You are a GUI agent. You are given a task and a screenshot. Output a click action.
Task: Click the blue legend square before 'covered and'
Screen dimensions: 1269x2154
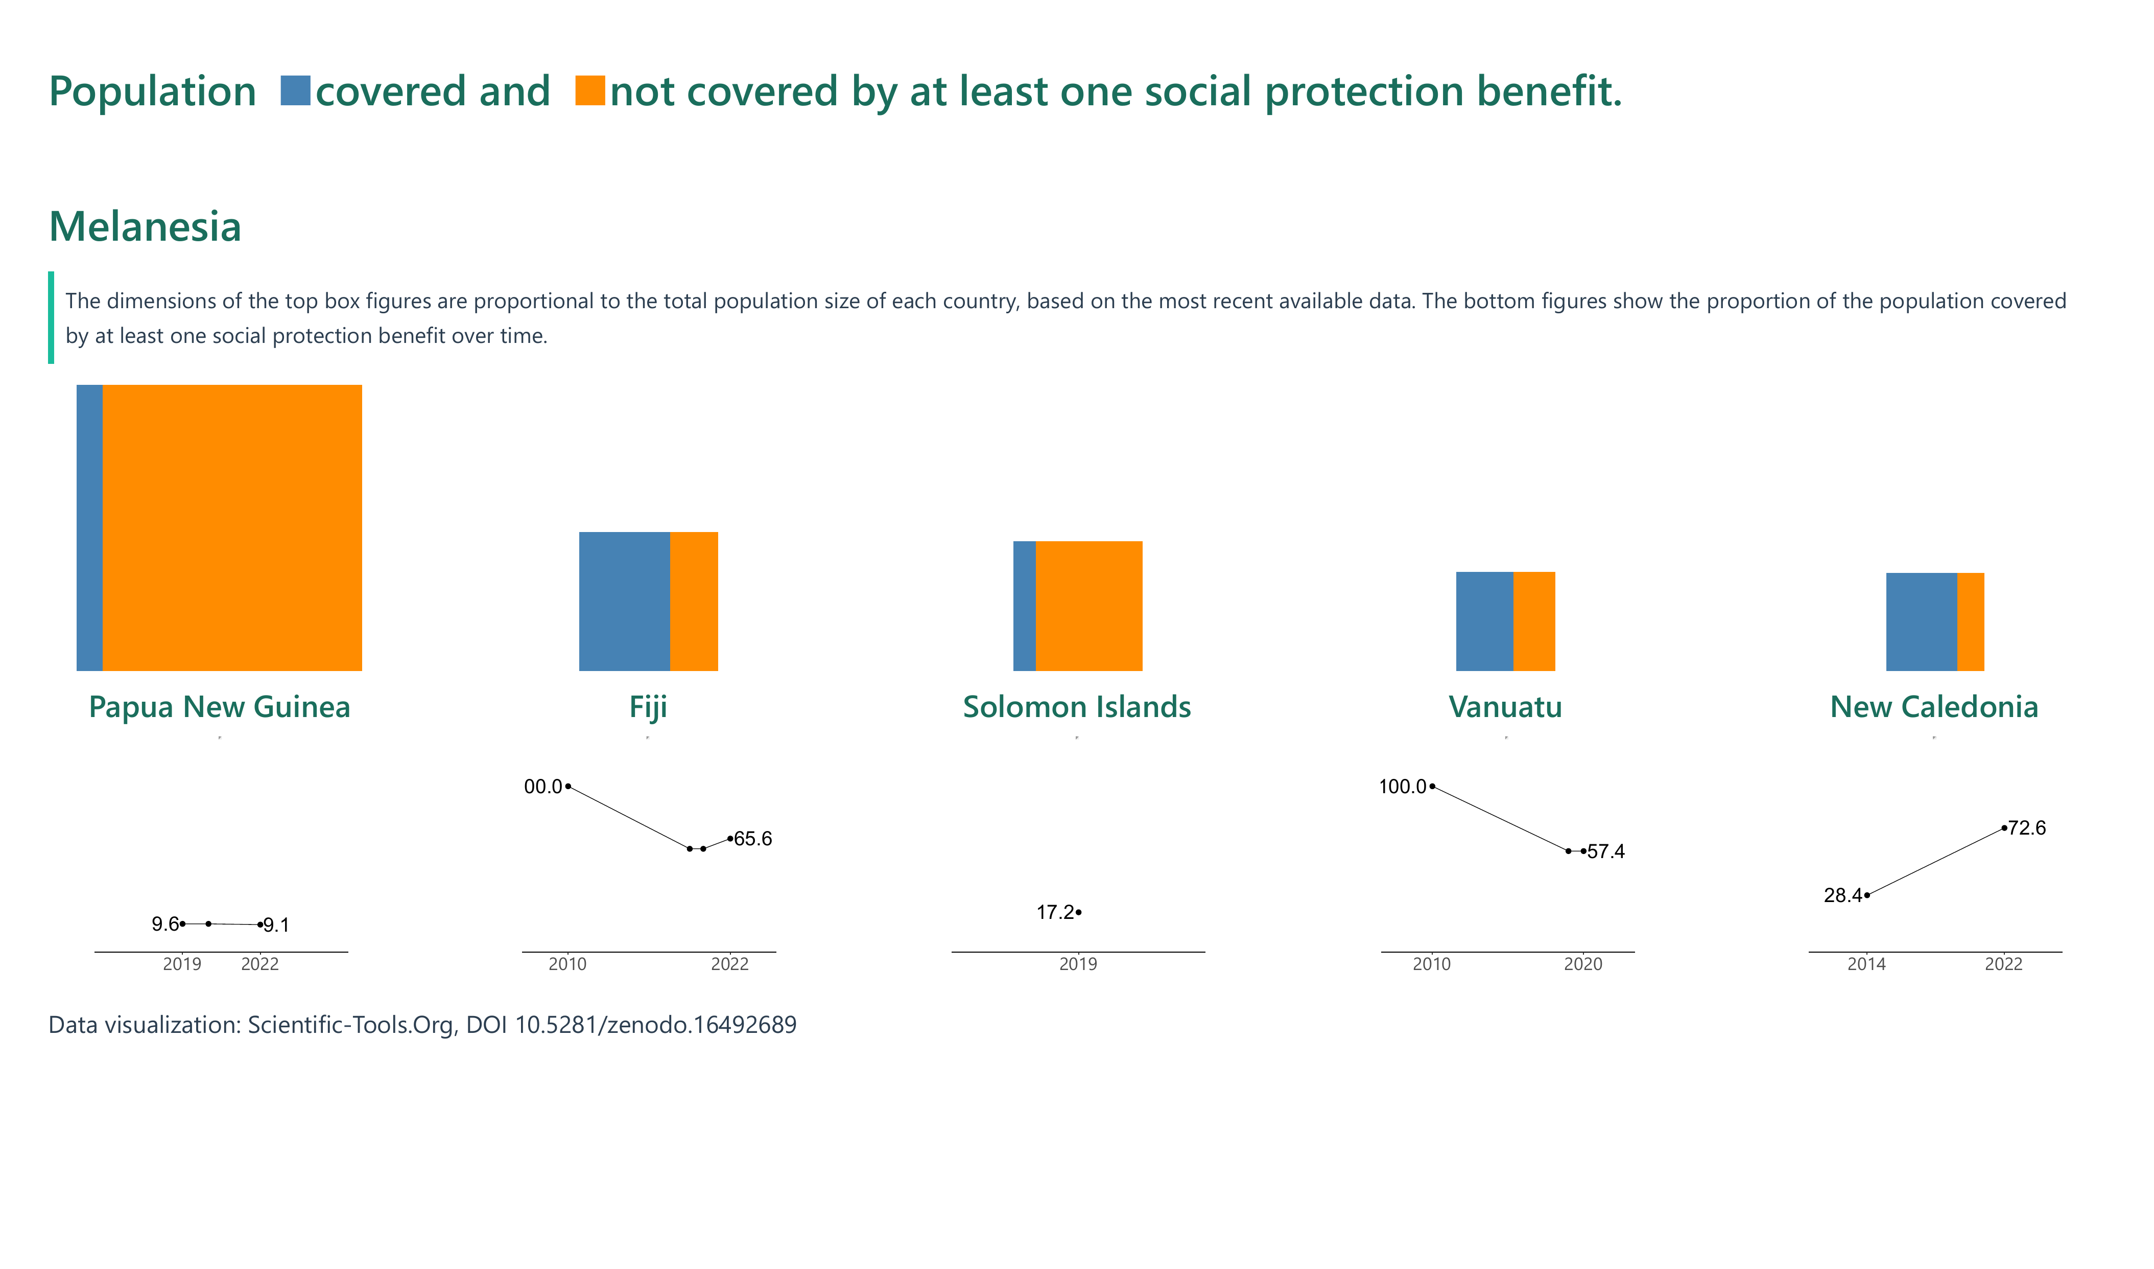pos(295,90)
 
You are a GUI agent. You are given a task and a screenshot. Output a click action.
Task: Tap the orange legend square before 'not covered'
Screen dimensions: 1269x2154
pos(590,90)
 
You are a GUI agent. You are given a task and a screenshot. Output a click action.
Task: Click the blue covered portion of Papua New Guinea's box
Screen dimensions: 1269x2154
pos(90,527)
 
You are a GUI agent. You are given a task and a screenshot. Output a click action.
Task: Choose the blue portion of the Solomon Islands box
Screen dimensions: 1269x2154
pos(1024,606)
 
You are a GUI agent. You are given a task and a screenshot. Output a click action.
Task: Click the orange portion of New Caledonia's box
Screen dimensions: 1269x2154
pos(1970,621)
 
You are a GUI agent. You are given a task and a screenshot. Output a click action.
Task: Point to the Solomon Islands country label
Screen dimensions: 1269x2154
pos(1076,707)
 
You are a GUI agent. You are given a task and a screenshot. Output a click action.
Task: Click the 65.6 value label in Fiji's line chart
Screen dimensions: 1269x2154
pos(753,839)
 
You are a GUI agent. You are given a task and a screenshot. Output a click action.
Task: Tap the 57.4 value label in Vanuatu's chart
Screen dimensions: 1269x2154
pos(1606,851)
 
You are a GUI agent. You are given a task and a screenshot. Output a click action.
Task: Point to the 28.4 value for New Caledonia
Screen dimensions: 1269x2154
pos(1842,895)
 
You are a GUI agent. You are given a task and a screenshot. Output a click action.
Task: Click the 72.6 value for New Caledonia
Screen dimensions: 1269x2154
pos(2027,828)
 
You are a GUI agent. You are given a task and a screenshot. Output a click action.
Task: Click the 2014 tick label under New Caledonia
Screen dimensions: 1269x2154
pos(1866,964)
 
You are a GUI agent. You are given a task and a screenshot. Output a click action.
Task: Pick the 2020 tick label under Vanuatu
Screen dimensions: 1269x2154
pos(1583,964)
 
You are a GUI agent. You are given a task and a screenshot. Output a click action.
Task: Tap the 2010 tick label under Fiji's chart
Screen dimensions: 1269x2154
pos(567,964)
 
